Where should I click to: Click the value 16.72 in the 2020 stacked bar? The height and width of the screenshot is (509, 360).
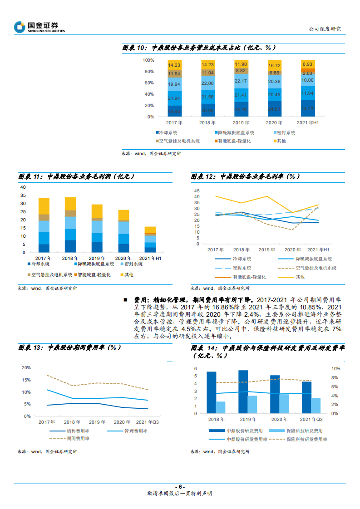pos(275,65)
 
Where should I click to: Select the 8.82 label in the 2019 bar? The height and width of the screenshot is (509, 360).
pos(241,70)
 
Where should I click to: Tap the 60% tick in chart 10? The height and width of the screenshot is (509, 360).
pos(148,83)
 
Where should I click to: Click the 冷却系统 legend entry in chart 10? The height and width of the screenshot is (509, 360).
pos(166,133)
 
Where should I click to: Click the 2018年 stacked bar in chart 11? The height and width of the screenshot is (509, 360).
pos(70,225)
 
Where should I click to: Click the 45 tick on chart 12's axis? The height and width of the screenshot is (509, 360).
pos(197,191)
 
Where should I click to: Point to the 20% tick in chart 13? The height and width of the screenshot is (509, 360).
pos(26,367)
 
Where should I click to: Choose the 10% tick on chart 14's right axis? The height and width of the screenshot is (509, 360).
pos(334,368)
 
